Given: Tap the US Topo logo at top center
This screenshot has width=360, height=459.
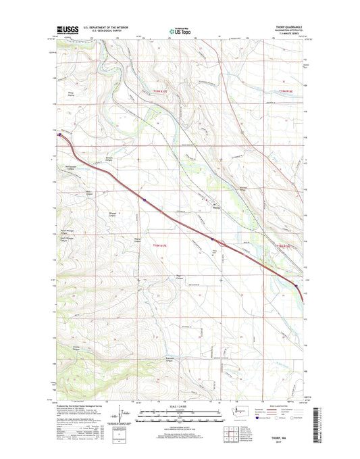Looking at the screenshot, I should tap(180, 30).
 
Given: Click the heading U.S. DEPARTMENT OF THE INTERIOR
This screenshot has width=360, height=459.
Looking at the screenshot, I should tap(109, 27).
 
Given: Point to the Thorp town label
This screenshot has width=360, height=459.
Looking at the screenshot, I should tap(217, 208).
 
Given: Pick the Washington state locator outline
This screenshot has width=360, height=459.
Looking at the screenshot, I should tap(236, 411).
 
